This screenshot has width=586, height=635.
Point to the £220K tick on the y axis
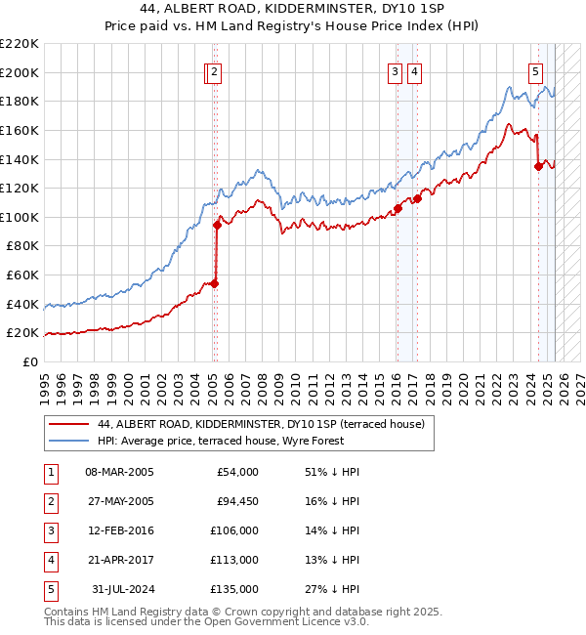[x=20, y=44]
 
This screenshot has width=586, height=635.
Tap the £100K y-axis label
[x=20, y=217]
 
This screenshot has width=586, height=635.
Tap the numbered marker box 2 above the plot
[x=214, y=71]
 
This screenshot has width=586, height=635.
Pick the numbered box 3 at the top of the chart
[x=395, y=71]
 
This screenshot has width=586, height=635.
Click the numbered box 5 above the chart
[x=536, y=71]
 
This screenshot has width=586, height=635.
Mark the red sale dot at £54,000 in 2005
[x=215, y=284]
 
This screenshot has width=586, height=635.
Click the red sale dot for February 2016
[x=398, y=209]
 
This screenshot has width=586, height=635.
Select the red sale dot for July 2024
[x=538, y=166]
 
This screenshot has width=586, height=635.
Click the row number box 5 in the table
[x=50, y=589]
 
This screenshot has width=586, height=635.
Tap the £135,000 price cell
[x=235, y=589]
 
